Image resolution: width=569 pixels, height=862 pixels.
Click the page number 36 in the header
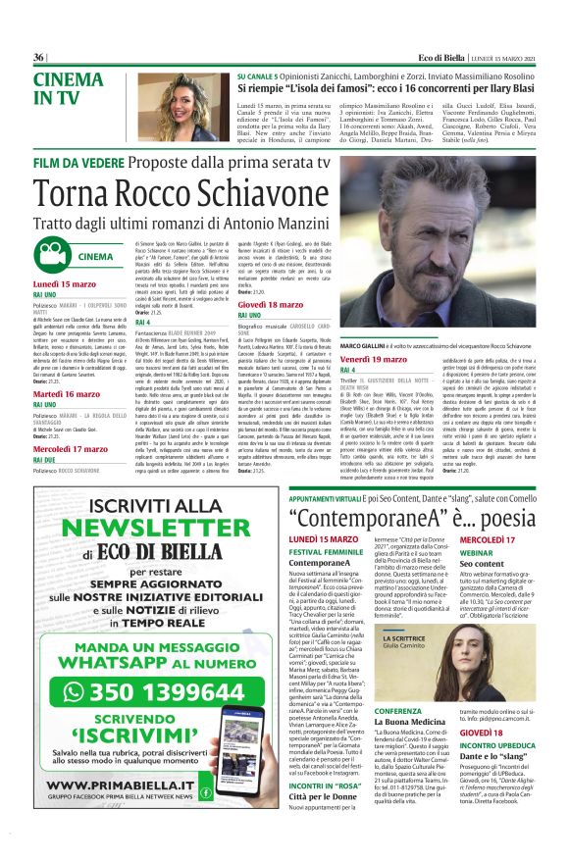(39, 57)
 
